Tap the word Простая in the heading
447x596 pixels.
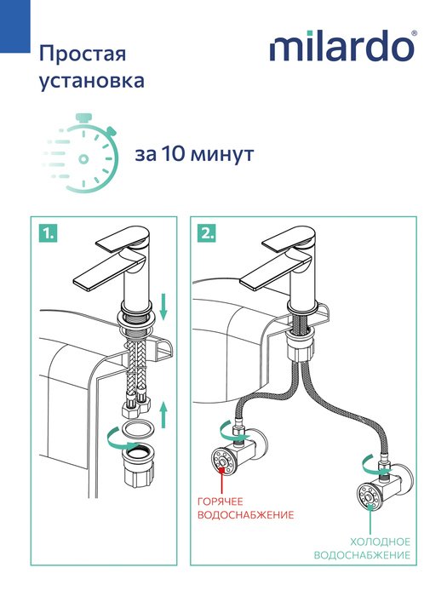pos(83,54)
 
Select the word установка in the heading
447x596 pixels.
pos(92,81)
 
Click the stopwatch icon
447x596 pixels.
pos(80,152)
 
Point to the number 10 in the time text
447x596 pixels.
pos(169,154)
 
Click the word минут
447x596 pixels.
pos(222,155)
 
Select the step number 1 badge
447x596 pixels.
pos(49,233)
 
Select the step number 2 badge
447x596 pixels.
pos(207,233)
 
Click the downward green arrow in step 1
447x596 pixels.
pos(163,306)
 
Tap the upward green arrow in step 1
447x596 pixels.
pos(163,415)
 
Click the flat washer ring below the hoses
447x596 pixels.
pos(138,429)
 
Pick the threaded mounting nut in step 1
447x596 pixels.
pos(138,465)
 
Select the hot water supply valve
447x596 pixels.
pos(238,454)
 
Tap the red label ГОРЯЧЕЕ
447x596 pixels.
pos(220,501)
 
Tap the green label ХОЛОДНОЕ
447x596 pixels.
pos(380,542)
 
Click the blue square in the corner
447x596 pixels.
pos(14,26)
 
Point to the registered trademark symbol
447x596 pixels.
pos(414,33)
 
